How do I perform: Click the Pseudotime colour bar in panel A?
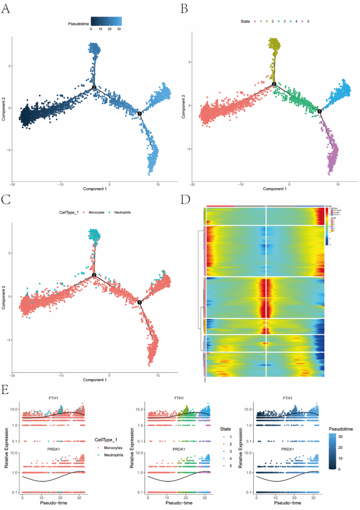(x=106, y=21)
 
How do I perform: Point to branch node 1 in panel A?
(x=140, y=114)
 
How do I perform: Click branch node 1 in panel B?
(x=320, y=110)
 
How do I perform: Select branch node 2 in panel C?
(x=94, y=275)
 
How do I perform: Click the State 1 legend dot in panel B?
(x=254, y=22)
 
